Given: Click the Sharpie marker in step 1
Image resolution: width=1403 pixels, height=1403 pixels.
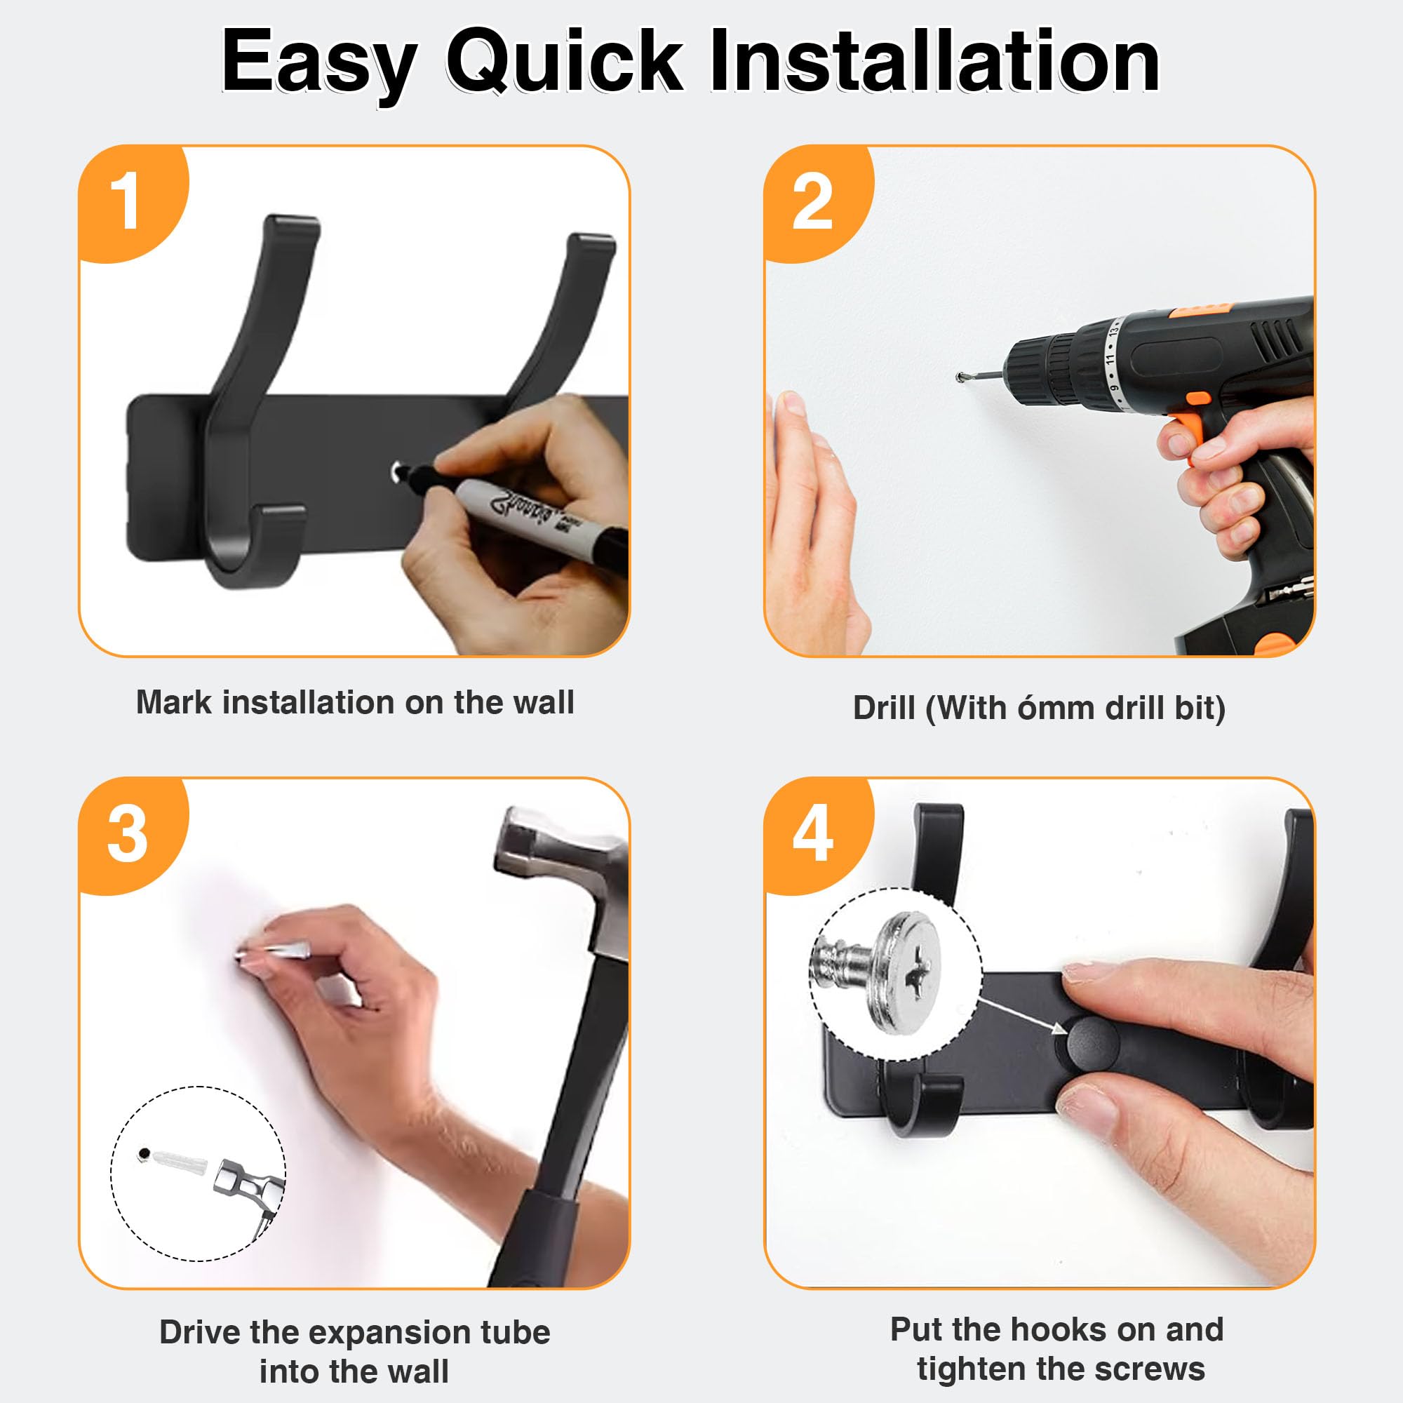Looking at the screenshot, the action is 516,512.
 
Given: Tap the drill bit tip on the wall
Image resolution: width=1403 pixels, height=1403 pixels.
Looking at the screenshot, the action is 961,376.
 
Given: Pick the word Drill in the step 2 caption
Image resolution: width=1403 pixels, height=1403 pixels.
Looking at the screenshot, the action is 884,708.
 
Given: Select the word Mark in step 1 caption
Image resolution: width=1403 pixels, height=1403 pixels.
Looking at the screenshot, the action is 174,702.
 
